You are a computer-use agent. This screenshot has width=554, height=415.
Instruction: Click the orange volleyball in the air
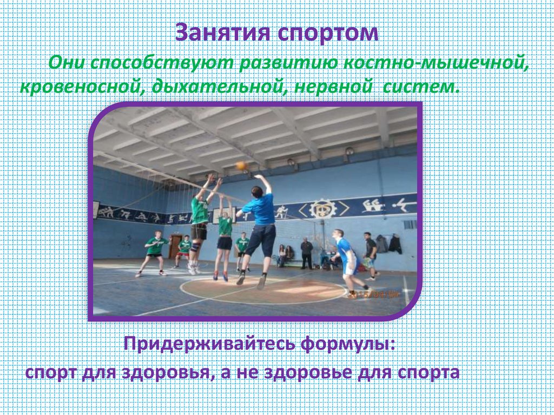point(241,166)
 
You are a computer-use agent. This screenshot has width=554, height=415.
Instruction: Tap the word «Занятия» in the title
point(222,33)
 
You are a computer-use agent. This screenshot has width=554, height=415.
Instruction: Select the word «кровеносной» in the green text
point(80,87)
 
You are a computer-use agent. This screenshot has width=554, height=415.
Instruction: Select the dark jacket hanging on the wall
point(395,243)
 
